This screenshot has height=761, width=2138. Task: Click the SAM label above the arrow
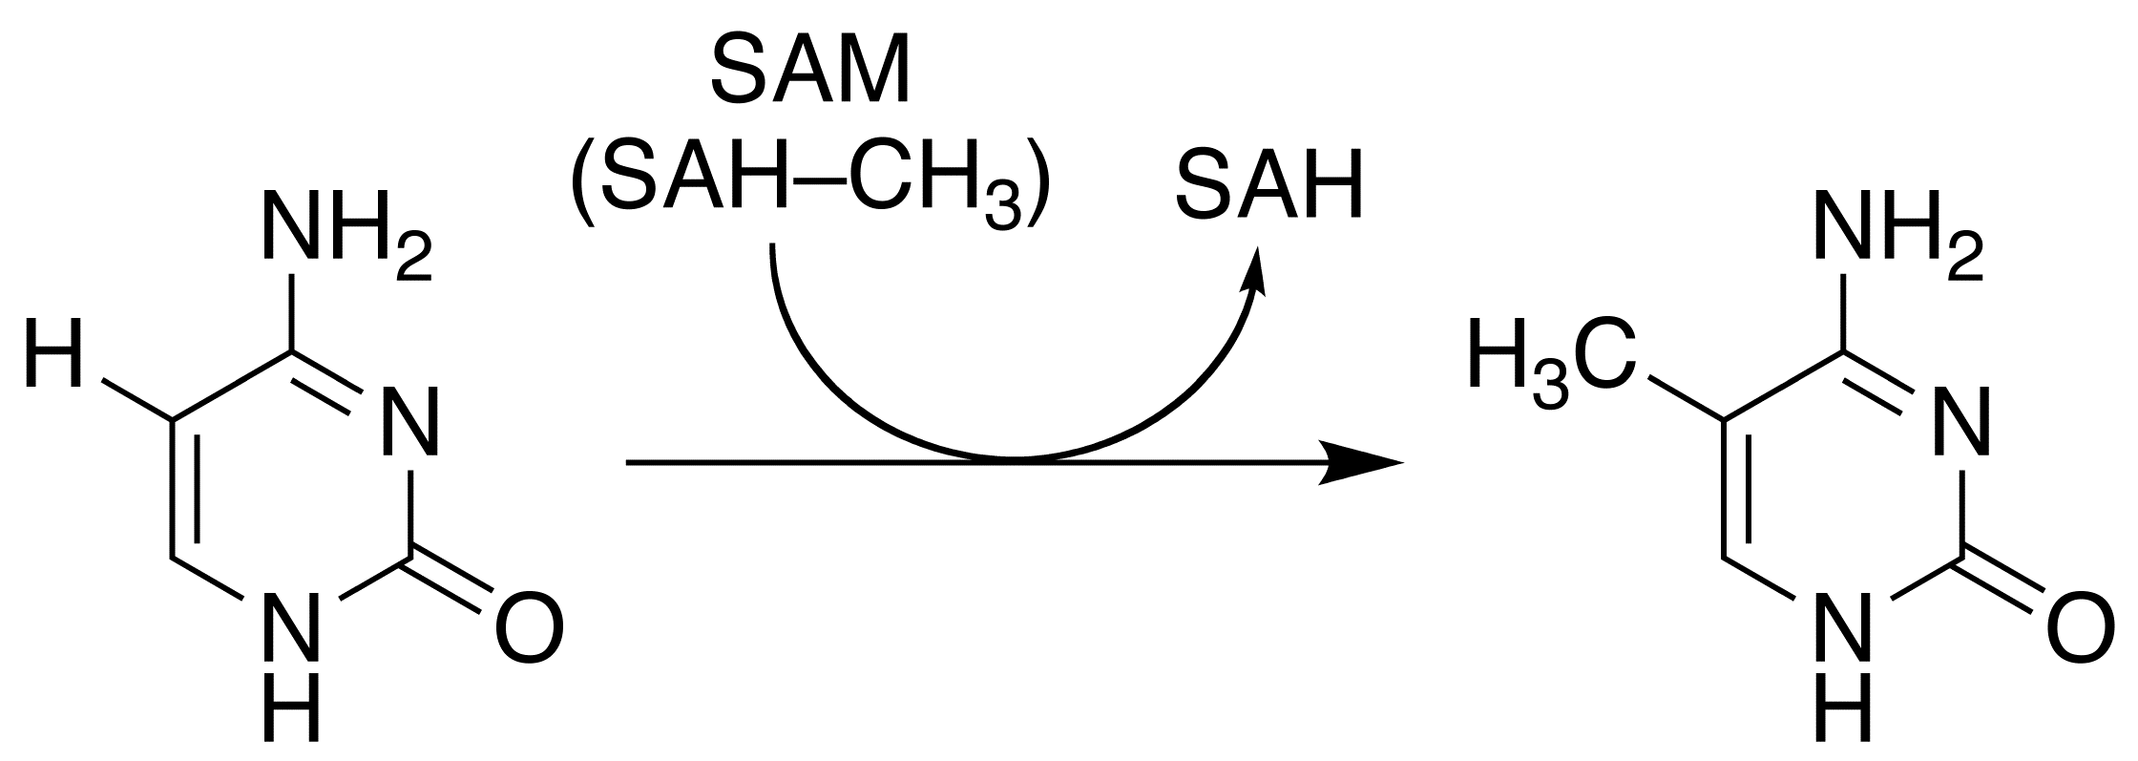pyautogui.click(x=810, y=72)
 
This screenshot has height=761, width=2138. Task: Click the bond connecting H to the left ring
pyautogui.click(x=136, y=400)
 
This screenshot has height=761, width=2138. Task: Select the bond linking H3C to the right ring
pyautogui.click(x=1687, y=400)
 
